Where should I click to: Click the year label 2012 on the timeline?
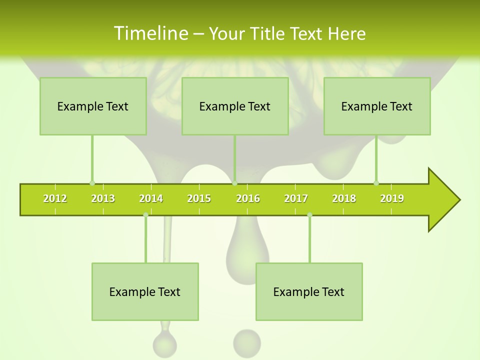55,198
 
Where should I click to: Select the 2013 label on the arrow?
103,198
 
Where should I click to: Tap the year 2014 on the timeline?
151,198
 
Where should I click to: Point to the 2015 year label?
199,198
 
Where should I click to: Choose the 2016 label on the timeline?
248,198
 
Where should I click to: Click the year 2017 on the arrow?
296,198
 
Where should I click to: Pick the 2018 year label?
344,198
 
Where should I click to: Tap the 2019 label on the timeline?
392,198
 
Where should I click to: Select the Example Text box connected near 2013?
93,106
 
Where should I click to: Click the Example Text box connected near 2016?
235,106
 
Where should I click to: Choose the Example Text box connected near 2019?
377,106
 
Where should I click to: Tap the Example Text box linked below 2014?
145,291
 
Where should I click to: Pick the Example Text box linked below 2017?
309,291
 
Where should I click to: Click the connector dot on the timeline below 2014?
145,215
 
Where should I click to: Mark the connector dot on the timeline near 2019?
376,183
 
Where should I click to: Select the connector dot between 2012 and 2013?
92,183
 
